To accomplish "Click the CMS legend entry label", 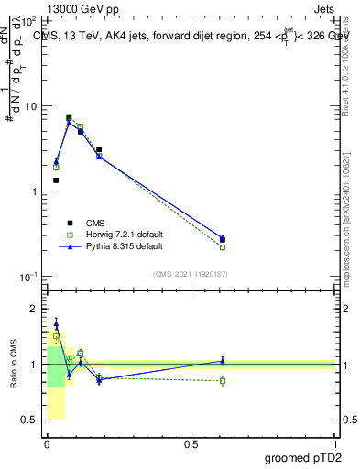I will click(x=95, y=223).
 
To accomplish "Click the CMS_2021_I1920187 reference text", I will click(x=191, y=273).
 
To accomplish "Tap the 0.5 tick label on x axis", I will click(x=191, y=443).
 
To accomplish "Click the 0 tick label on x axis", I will click(x=47, y=443).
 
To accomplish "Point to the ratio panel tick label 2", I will click(x=34, y=310).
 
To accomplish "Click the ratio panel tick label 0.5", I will click(x=29, y=420).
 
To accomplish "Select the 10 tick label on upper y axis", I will click(x=30, y=106).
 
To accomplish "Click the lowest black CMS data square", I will click(x=56, y=180).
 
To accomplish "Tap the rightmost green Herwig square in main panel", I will click(x=223, y=247).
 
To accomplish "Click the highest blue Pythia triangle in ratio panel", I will click(x=56, y=323).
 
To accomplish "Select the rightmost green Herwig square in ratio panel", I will click(x=223, y=380).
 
